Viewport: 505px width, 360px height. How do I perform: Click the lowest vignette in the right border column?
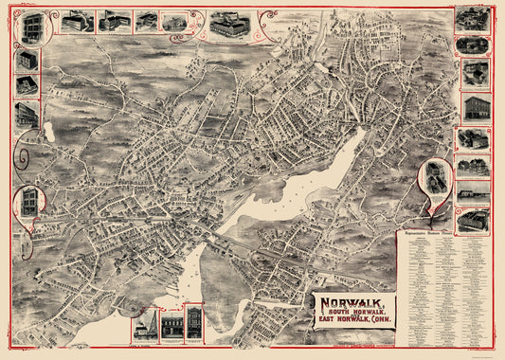471,219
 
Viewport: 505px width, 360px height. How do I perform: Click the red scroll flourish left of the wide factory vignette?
200,23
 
